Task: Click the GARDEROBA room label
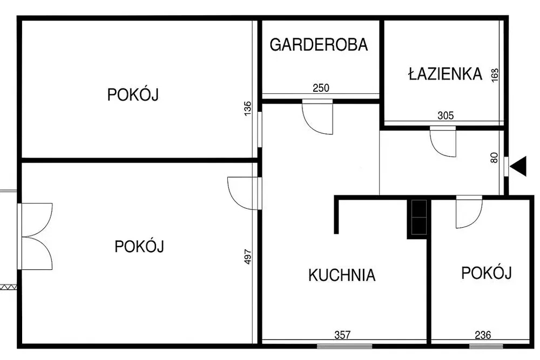[x=319, y=45]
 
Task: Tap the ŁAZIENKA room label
[x=446, y=73]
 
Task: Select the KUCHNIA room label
[x=342, y=275]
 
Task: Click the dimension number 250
[x=321, y=88]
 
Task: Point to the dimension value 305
[x=446, y=116]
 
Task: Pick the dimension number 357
[x=342, y=335]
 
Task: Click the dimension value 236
[x=483, y=335]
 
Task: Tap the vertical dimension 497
[x=248, y=257]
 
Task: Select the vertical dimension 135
[x=248, y=108]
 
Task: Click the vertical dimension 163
[x=495, y=76]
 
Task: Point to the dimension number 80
[x=494, y=158]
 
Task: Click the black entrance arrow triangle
[x=518, y=166]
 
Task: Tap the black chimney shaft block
[x=417, y=218]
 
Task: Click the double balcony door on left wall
[x=35, y=236]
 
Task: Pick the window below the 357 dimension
[x=345, y=346]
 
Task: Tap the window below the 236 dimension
[x=485, y=346]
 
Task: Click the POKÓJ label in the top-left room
[x=133, y=94]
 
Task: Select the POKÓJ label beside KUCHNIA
[x=487, y=273]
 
